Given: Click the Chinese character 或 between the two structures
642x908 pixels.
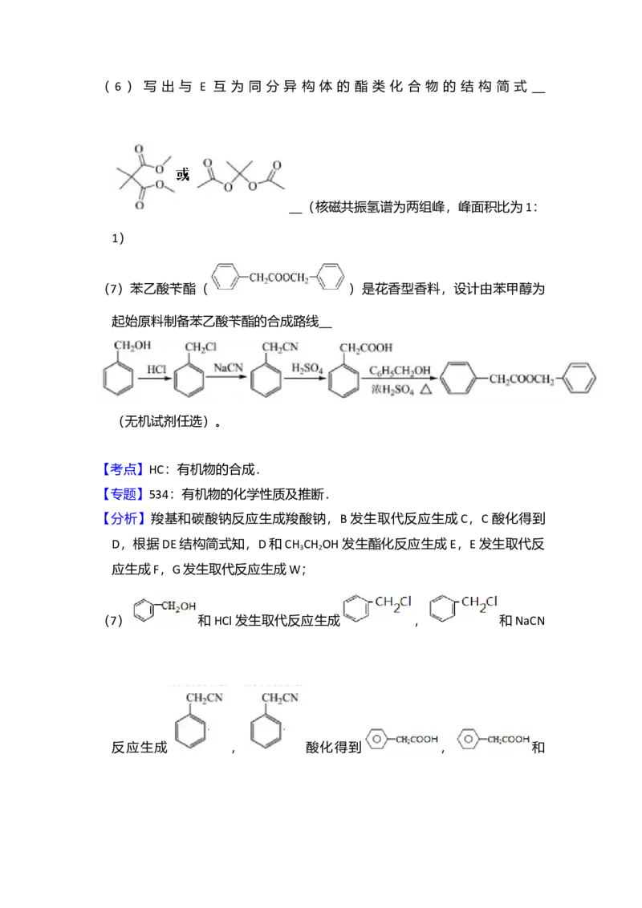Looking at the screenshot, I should pos(184,174).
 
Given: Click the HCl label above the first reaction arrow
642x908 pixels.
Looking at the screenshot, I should pos(156,369).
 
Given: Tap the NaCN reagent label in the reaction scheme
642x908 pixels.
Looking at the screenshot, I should pos(228,367).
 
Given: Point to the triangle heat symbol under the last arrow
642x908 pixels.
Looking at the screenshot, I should pos(426,389).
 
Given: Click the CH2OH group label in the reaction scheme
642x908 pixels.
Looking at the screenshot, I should pos(132,347).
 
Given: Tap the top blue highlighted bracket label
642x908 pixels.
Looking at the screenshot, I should pos(124,470).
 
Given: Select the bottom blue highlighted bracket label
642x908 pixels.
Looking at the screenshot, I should pos(125,518).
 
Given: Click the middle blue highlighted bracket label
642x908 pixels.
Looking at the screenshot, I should pos(124,493).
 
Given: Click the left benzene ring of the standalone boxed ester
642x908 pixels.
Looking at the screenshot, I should pos(228,278).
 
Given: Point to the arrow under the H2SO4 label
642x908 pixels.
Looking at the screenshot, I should pos(307,380).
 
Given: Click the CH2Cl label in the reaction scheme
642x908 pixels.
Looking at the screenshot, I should pos(201,347).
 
